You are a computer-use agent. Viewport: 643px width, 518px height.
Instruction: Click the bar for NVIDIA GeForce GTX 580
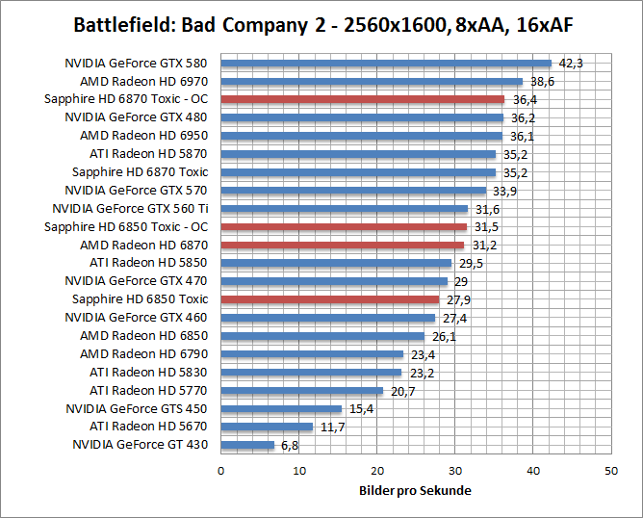(x=385, y=64)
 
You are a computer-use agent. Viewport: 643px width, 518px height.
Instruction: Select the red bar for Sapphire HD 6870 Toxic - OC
(x=362, y=99)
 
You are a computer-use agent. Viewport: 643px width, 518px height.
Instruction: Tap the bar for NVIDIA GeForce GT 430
(x=247, y=445)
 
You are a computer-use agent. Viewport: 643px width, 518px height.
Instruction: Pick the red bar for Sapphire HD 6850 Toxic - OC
(x=344, y=227)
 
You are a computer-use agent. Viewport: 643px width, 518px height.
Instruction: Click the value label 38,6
(x=542, y=82)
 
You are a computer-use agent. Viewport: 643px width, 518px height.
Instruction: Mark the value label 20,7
(x=403, y=391)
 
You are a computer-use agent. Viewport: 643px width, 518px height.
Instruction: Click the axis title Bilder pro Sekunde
(x=415, y=490)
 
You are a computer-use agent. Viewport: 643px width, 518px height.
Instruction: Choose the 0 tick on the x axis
(x=221, y=471)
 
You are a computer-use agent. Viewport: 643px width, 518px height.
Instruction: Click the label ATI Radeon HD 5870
(x=148, y=154)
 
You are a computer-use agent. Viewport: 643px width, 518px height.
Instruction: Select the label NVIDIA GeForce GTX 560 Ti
(x=130, y=208)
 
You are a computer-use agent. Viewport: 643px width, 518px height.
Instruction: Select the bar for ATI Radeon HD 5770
(x=302, y=391)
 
